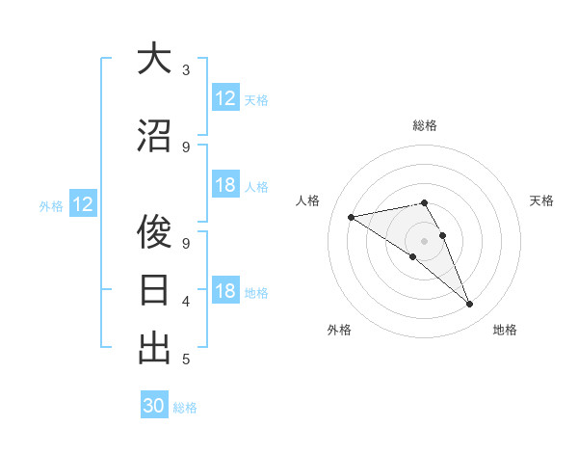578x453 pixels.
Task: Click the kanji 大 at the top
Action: (154, 59)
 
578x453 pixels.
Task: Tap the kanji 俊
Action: (154, 231)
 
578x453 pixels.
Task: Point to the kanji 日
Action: (154, 290)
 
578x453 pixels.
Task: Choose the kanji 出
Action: (154, 348)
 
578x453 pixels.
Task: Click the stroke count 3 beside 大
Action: (186, 70)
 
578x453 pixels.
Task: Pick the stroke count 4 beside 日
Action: (186, 302)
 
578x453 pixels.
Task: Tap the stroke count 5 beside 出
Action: (186, 360)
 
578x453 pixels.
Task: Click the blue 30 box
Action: (154, 406)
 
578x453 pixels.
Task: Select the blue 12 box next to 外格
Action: (83, 204)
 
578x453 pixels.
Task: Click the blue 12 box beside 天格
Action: (225, 98)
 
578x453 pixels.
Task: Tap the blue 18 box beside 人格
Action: (225, 185)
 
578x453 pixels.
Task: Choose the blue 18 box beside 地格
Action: (225, 291)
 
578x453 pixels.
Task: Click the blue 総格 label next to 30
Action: (185, 408)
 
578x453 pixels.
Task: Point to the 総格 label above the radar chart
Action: (425, 125)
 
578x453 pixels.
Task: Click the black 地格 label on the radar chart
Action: (505, 331)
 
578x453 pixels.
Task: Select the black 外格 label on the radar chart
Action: (339, 331)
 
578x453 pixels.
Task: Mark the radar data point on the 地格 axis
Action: (470, 305)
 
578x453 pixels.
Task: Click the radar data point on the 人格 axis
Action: (352, 217)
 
